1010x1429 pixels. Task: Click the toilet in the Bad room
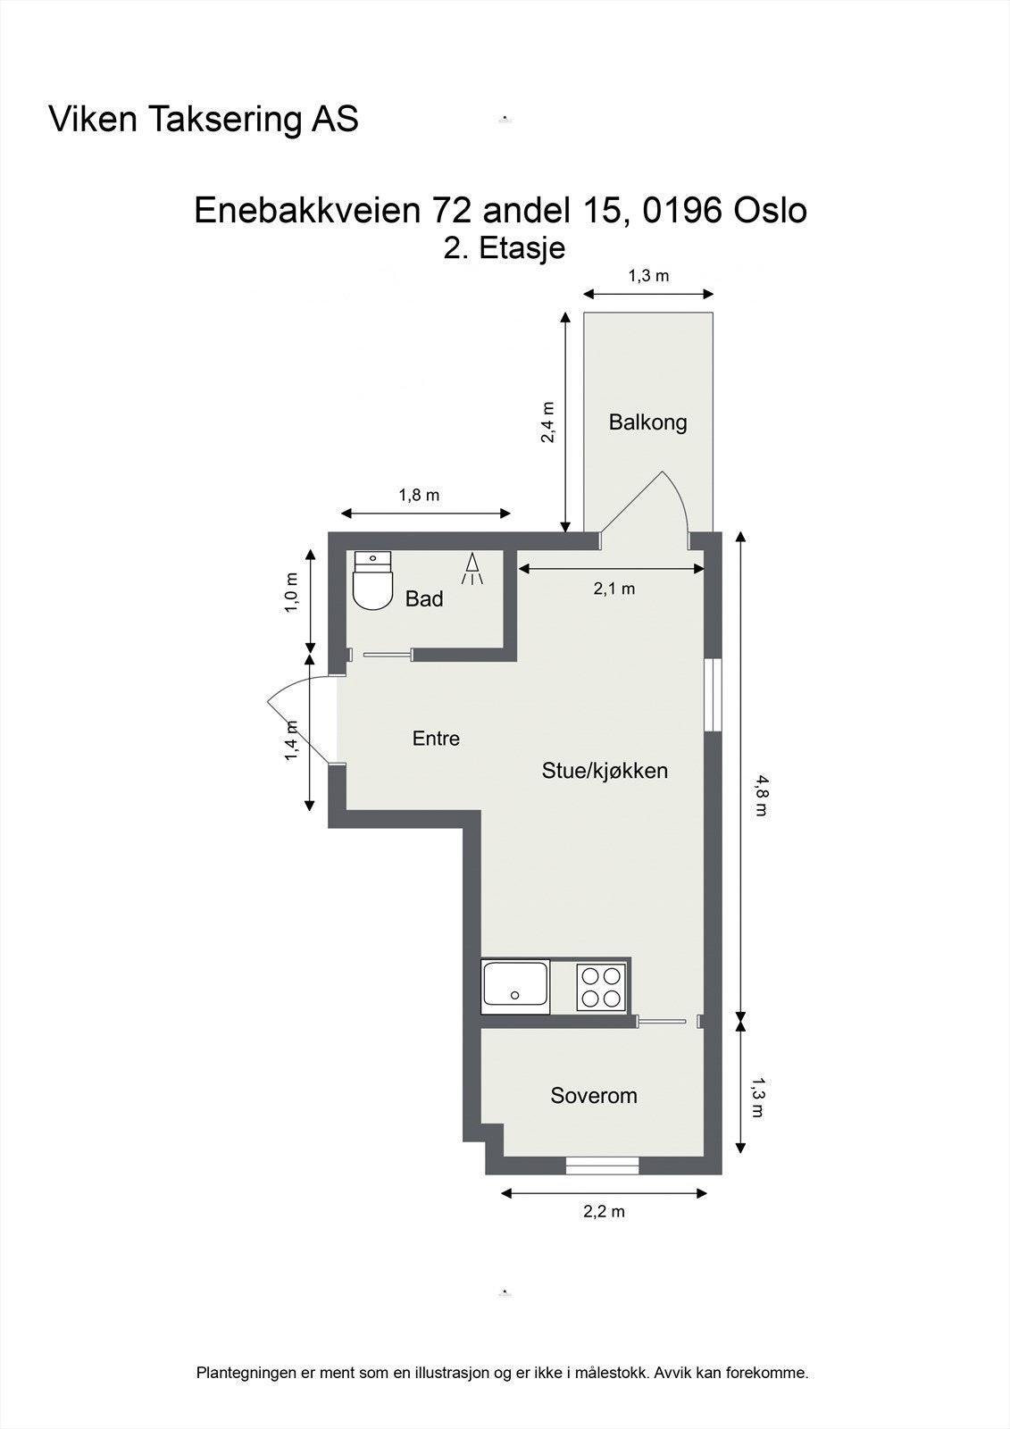pyautogui.click(x=372, y=583)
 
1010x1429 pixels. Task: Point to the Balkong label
pyautogui.click(x=647, y=422)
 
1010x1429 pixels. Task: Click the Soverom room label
pyautogui.click(x=594, y=1095)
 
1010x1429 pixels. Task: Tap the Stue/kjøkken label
pyautogui.click(x=605, y=770)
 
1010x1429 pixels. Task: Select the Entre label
pyautogui.click(x=436, y=738)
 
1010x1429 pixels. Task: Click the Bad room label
pyautogui.click(x=424, y=598)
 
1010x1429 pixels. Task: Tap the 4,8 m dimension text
pyautogui.click(x=761, y=796)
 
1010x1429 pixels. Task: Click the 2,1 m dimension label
pyautogui.click(x=614, y=588)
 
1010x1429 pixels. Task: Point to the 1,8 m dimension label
pyautogui.click(x=419, y=494)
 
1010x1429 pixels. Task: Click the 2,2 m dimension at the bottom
pyautogui.click(x=604, y=1211)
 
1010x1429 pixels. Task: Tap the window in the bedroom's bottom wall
pyautogui.click(x=602, y=1165)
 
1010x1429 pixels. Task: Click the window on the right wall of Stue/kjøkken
pyautogui.click(x=712, y=695)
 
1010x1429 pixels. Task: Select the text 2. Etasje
pyautogui.click(x=505, y=247)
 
